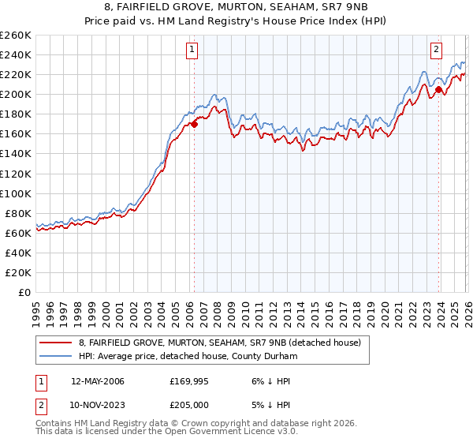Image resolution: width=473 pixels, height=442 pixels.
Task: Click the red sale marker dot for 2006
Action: (x=194, y=124)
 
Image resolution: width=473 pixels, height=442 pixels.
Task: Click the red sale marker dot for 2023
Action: (x=438, y=89)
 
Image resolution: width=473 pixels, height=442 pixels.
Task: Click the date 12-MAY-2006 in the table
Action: (x=97, y=381)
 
